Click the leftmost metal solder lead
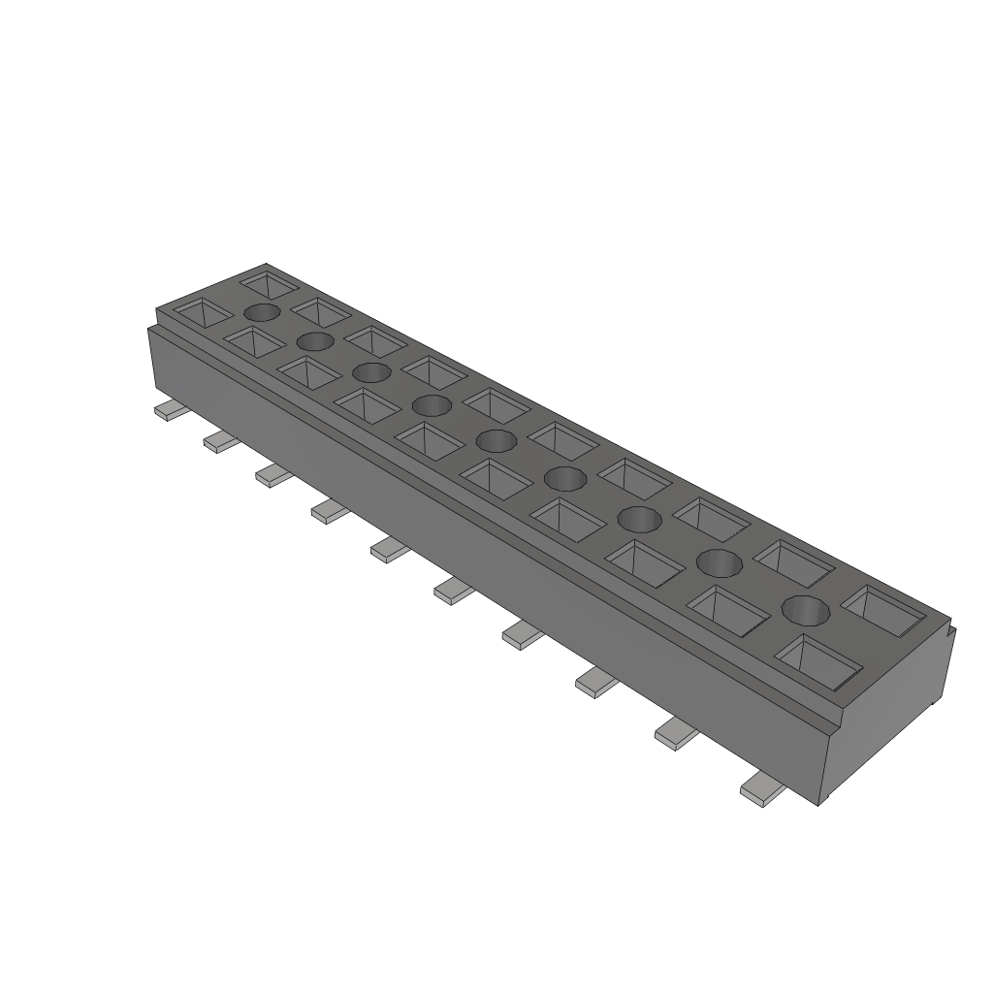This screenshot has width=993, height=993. pyautogui.click(x=169, y=411)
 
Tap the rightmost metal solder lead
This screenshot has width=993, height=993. pyautogui.click(x=762, y=792)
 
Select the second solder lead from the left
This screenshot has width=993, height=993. pyautogui.click(x=220, y=443)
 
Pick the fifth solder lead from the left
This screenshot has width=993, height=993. pyautogui.click(x=389, y=551)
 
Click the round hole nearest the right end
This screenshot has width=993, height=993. pyautogui.click(x=806, y=610)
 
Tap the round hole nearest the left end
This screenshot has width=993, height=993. pyautogui.click(x=262, y=312)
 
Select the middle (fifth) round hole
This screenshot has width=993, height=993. pyautogui.click(x=496, y=441)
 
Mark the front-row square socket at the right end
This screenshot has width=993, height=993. pyautogui.click(x=819, y=663)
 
